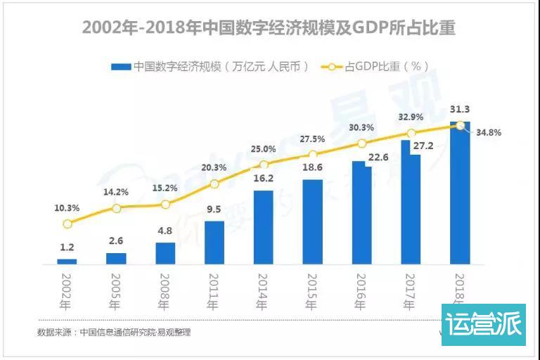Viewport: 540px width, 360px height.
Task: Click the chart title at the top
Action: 269,27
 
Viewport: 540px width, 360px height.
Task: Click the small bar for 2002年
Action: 67,261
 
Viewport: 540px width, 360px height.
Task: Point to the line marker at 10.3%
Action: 67,224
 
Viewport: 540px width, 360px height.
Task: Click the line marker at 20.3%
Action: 214,184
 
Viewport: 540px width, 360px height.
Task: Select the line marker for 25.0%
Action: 264,165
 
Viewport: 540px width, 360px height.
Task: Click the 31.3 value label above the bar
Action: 461,109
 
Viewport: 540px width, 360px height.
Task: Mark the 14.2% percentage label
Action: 116,191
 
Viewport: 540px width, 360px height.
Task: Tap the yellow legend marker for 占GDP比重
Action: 332,67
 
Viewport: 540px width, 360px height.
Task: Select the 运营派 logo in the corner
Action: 483,325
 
